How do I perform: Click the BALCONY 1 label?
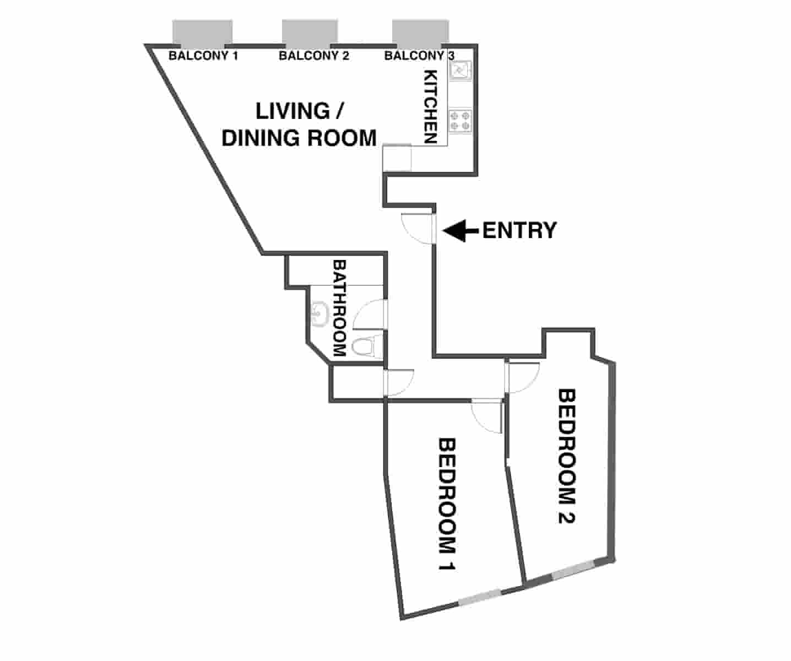point(203,56)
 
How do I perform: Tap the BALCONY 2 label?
point(313,56)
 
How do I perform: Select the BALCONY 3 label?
point(419,56)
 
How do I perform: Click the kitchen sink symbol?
point(460,71)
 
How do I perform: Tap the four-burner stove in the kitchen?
point(460,121)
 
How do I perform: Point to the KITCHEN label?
point(430,107)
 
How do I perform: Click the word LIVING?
point(292,111)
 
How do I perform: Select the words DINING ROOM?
point(299,138)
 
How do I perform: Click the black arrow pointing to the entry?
point(460,230)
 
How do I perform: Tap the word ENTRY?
point(519,230)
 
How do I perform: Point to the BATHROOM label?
point(339,308)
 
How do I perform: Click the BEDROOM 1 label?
point(447,504)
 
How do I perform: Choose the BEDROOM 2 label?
point(567,456)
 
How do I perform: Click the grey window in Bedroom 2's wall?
point(572,570)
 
